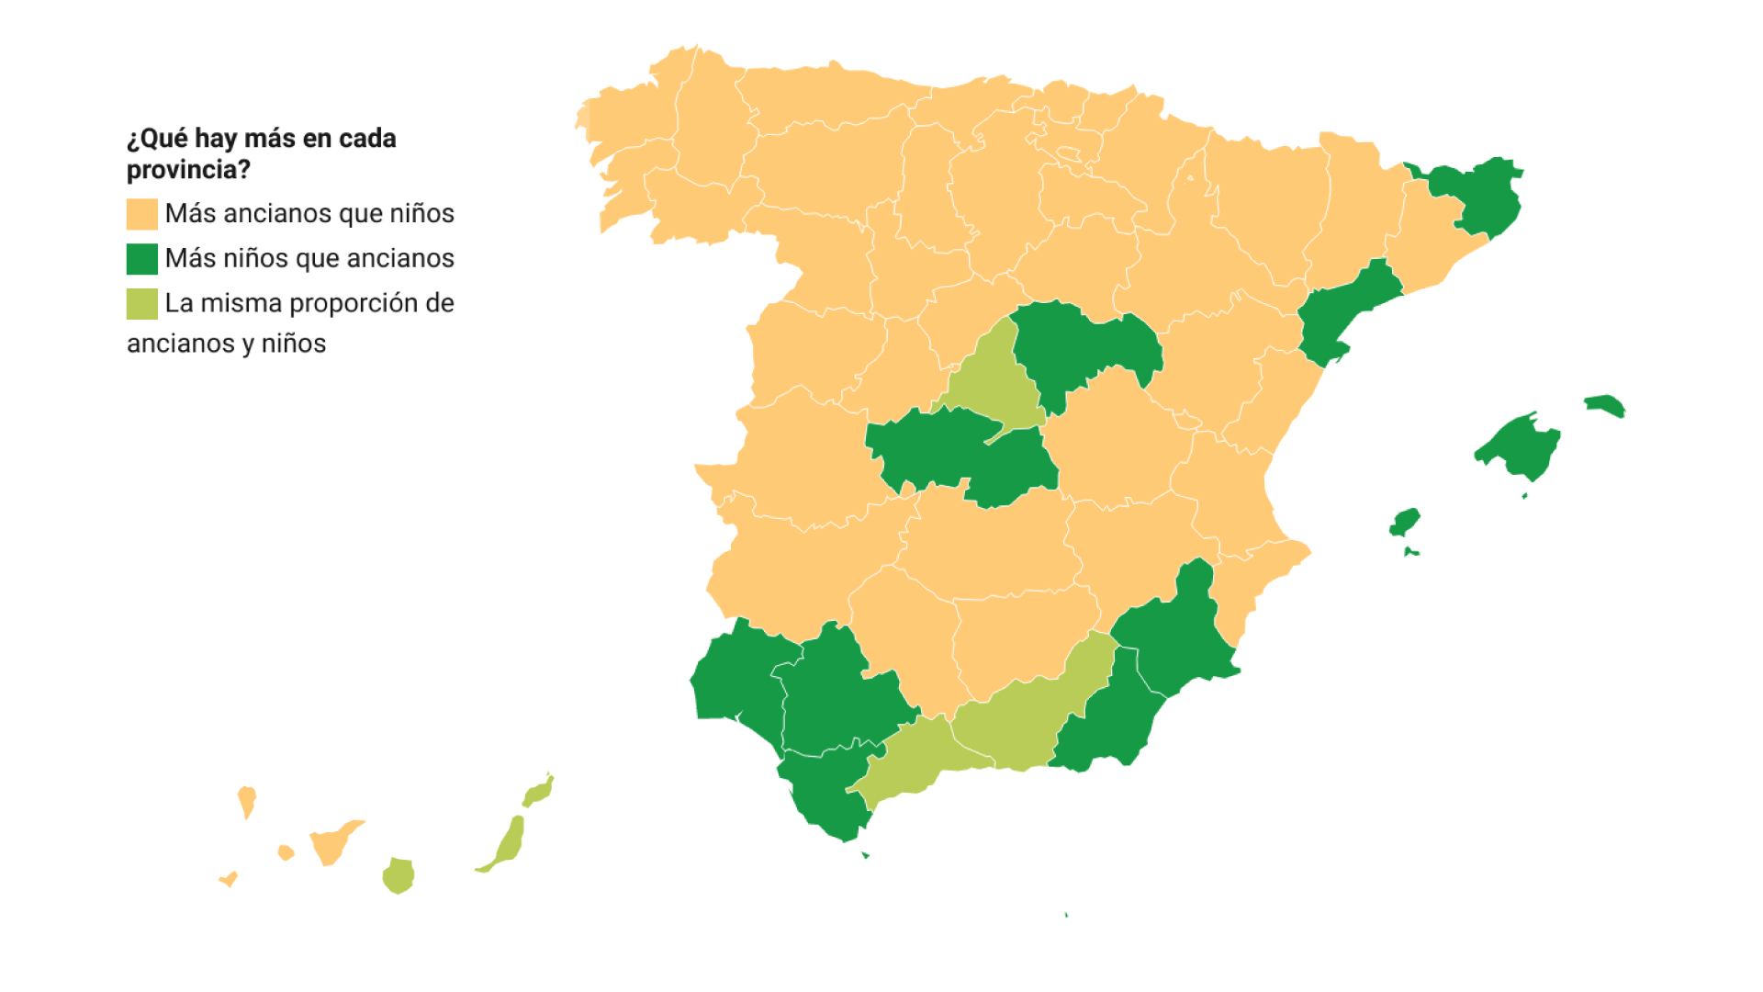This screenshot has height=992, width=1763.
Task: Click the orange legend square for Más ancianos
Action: click(141, 214)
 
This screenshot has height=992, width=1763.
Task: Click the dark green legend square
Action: click(141, 259)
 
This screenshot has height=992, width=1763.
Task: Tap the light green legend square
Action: click(141, 304)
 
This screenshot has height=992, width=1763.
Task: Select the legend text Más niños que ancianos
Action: click(309, 259)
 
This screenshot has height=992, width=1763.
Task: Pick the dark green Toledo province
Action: click(946, 450)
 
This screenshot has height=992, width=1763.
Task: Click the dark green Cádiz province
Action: click(822, 790)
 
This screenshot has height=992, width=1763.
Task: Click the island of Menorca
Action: click(1604, 404)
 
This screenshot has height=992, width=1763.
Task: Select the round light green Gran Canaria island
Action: click(399, 875)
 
